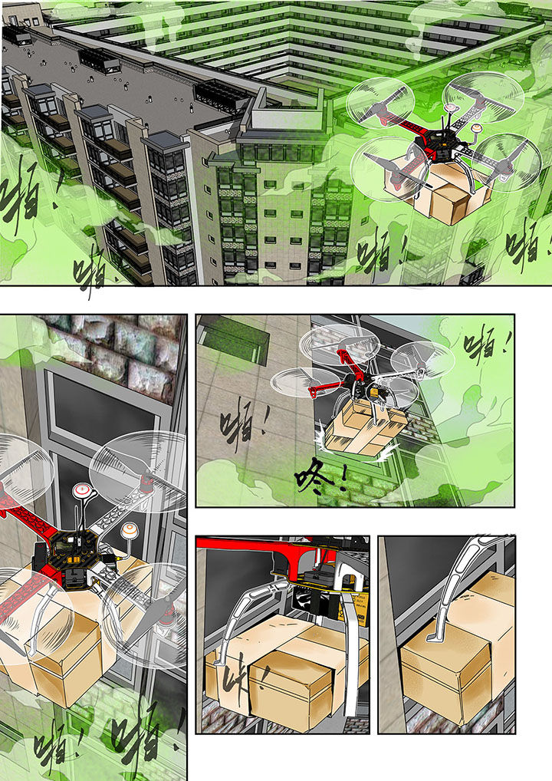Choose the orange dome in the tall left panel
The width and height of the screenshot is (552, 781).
click(129, 529)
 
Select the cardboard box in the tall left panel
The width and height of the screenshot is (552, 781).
click(61, 644)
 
